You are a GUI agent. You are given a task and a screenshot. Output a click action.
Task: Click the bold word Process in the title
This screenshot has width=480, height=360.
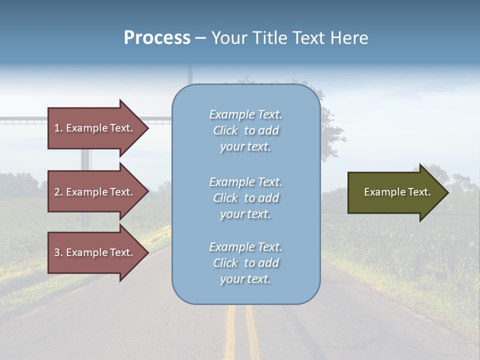point(157,38)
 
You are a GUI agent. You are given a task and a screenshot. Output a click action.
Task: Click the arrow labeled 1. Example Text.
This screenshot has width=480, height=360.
point(95,128)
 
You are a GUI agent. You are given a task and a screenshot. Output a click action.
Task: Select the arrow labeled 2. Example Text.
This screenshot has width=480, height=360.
point(95,192)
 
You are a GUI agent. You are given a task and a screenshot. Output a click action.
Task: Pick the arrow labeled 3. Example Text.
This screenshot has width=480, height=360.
point(95,252)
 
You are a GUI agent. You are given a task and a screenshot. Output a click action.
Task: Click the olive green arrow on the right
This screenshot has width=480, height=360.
point(395,192)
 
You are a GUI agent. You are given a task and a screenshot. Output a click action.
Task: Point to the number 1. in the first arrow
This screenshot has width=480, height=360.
point(58,128)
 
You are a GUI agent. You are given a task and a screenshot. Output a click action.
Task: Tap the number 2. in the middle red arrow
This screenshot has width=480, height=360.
point(58,192)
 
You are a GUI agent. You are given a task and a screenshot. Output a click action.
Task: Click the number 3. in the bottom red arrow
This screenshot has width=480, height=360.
point(58,252)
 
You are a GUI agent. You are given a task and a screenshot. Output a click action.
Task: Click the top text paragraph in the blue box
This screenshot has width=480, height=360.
point(245,130)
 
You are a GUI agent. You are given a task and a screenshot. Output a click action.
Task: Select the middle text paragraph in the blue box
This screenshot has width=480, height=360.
point(245,197)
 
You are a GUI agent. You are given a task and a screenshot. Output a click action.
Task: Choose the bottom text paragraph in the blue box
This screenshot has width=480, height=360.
point(245,263)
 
